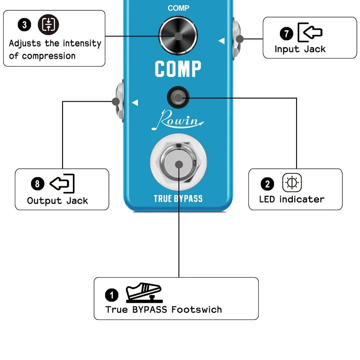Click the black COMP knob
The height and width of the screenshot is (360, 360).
178,36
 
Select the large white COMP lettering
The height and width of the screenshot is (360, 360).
178,69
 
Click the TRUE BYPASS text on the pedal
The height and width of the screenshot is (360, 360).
178,198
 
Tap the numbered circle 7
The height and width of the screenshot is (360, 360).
286,33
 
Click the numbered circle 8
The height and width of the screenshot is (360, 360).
38,184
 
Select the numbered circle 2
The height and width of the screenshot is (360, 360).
267,184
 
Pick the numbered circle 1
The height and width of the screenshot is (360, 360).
112,295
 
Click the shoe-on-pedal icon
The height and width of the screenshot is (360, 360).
144,293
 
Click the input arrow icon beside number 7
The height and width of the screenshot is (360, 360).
310,32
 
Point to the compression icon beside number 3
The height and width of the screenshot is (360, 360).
48,25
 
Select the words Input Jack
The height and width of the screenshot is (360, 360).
300,49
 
